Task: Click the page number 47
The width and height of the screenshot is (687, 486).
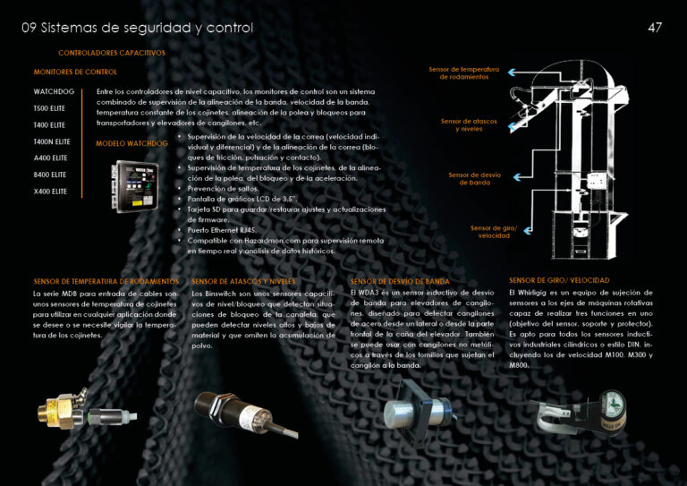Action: [x=655, y=28]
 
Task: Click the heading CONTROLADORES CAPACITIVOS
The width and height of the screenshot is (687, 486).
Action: [x=112, y=53]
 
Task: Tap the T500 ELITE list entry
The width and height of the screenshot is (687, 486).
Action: [x=49, y=108]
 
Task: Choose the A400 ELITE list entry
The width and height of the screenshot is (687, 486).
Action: [x=51, y=158]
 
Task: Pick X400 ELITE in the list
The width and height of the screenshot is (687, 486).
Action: [x=51, y=192]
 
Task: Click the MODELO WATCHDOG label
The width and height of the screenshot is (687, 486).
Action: [x=131, y=143]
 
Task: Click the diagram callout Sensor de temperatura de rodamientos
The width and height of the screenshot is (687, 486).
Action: [x=463, y=72]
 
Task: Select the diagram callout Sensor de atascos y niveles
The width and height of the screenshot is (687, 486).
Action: [x=463, y=124]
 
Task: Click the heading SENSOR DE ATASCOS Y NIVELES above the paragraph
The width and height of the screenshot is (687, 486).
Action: [x=243, y=281]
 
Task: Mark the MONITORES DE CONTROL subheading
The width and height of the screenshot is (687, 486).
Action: [x=75, y=72]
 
